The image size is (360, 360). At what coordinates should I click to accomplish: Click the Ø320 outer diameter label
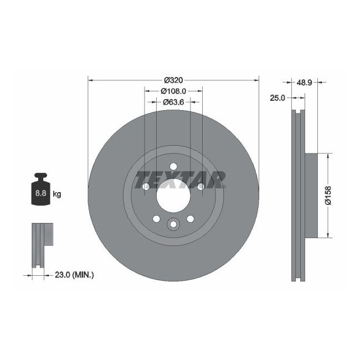[173, 80]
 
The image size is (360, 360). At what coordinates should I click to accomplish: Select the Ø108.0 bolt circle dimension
[173, 91]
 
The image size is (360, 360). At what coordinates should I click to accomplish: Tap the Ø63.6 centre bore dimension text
[173, 102]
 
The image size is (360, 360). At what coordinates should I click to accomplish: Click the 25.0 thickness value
[277, 97]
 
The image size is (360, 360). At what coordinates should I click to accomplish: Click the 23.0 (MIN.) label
[74, 274]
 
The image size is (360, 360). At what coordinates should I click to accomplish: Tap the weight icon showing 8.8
[40, 192]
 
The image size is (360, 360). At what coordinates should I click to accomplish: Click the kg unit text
[56, 194]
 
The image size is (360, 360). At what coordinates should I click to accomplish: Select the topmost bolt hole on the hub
[173, 166]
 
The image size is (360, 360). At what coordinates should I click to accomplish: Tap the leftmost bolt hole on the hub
[146, 186]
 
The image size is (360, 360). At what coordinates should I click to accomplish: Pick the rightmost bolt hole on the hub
[200, 186]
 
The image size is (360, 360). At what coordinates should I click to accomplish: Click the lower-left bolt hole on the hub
[157, 218]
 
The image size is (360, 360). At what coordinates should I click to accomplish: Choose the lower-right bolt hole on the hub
[190, 218]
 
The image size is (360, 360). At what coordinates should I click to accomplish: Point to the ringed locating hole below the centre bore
[173, 224]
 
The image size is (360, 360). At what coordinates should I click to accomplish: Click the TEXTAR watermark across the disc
[181, 179]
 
